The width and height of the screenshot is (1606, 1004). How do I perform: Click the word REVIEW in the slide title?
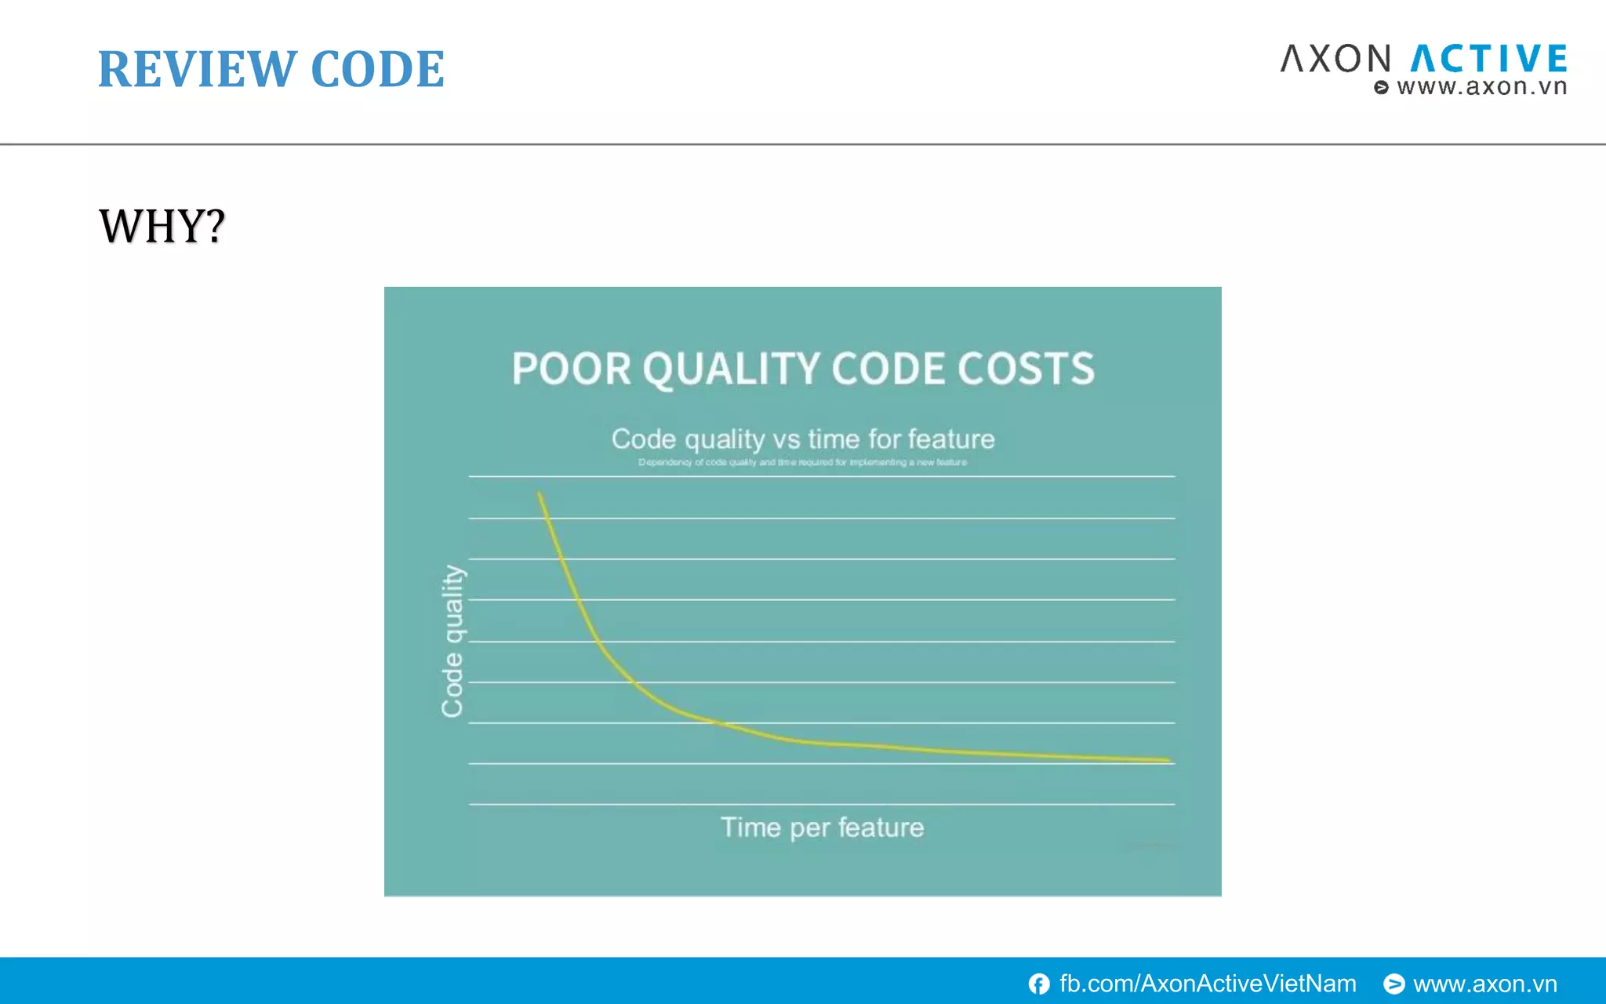196,69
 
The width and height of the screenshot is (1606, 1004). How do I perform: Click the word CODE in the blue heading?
377,69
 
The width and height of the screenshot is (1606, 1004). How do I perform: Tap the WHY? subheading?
162,227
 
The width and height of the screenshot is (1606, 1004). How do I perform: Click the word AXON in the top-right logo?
1335,60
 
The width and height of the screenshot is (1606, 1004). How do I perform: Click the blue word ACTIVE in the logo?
1488,60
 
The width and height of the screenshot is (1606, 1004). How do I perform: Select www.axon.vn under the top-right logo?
1481,87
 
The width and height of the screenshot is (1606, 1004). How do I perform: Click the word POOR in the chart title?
571,369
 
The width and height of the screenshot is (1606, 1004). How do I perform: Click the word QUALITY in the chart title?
732,369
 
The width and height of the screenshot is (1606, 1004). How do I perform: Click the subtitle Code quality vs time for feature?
803,438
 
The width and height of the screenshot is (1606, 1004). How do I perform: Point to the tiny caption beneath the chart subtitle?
802,462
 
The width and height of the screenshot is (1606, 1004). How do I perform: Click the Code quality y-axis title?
452,641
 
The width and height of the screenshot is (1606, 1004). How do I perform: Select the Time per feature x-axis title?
822,828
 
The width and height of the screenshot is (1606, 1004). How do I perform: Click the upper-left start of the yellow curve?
540,495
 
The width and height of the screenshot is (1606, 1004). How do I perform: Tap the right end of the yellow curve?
1168,759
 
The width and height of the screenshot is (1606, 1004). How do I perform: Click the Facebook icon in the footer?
1039,984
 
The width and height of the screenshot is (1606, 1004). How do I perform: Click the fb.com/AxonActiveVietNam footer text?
1207,984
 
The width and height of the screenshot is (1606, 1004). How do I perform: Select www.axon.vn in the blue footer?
1484,984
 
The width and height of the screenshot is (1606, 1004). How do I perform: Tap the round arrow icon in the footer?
1393,984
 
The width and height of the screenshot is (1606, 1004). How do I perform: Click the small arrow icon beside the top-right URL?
1381,88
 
